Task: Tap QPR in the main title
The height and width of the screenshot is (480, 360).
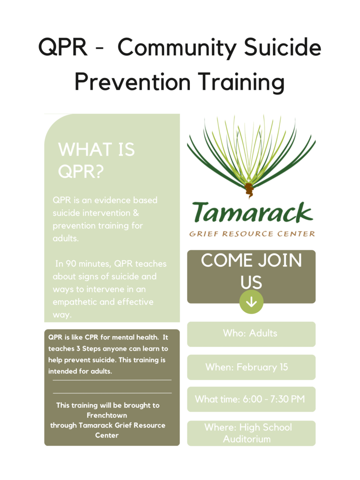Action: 63,47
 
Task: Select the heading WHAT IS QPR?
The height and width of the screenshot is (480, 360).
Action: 97,160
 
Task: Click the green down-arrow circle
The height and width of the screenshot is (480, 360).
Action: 251,302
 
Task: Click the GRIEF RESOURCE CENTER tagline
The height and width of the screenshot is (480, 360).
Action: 252,234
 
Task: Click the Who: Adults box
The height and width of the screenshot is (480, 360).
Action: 251,334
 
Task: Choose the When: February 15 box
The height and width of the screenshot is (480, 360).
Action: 251,367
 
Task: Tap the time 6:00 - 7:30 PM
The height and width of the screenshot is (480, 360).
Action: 274,399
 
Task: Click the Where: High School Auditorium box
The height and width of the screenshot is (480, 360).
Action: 251,433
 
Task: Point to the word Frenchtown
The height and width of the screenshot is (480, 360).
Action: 107,415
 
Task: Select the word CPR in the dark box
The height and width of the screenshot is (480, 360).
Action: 91,337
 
